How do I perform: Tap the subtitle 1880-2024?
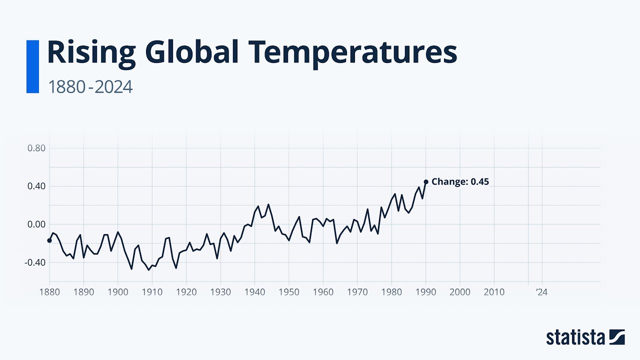click(x=90, y=87)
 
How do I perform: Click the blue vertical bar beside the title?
click(x=32, y=66)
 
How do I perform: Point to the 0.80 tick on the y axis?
click(x=36, y=148)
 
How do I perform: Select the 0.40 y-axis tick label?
click(x=36, y=186)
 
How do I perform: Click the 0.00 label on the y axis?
click(x=36, y=224)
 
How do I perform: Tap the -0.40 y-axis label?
click(x=35, y=262)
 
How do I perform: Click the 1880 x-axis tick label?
click(x=49, y=292)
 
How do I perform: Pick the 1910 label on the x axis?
click(x=152, y=292)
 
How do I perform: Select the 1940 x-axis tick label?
click(x=254, y=292)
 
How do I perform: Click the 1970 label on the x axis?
click(x=357, y=292)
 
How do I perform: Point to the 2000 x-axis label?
click(x=460, y=292)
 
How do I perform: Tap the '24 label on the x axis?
click(x=541, y=292)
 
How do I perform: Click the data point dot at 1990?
click(x=426, y=182)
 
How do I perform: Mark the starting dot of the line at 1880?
click(x=49, y=240)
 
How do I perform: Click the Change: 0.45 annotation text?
click(x=460, y=182)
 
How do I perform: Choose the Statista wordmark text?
click(x=575, y=337)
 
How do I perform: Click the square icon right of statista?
click(x=617, y=337)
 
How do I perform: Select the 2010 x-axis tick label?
click(x=494, y=292)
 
